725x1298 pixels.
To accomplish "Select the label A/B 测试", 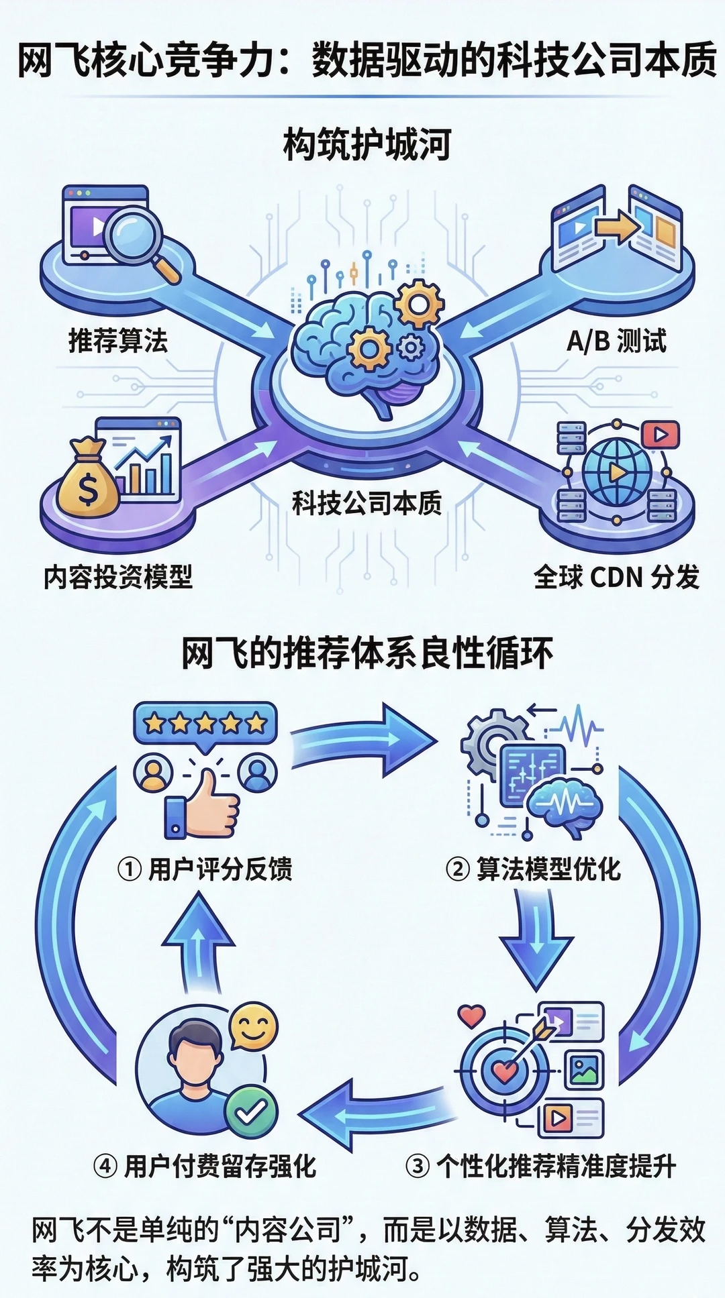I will (616, 341).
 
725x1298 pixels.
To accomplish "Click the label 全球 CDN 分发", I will (616, 577).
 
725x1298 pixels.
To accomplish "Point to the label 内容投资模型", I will (118, 577).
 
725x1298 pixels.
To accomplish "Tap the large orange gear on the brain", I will (419, 303).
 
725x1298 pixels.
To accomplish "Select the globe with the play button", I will (616, 472).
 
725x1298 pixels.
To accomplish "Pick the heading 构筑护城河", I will (367, 146).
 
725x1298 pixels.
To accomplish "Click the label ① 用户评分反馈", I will (205, 869).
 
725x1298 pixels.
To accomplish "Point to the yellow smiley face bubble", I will (253, 1028).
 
